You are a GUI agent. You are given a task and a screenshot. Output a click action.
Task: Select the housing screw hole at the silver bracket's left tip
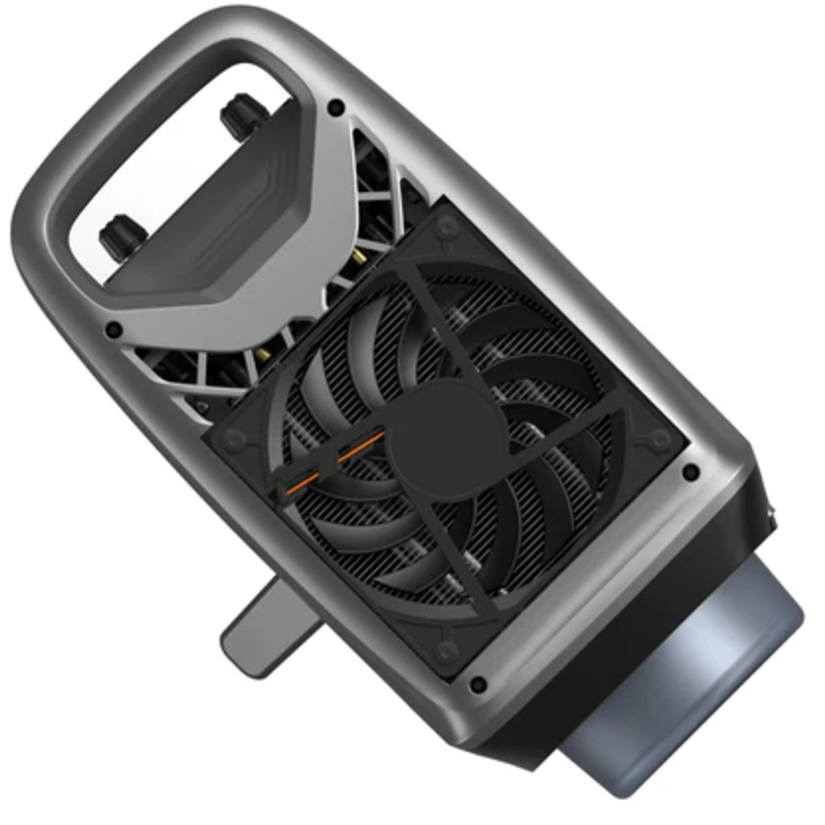114,330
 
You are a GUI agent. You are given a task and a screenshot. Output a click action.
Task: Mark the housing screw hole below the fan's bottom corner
478,684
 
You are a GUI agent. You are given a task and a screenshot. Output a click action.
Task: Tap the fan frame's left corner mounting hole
235,439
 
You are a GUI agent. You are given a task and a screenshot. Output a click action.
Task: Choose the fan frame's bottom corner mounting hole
447,651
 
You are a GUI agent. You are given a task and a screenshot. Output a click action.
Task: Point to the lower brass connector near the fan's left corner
263,352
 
